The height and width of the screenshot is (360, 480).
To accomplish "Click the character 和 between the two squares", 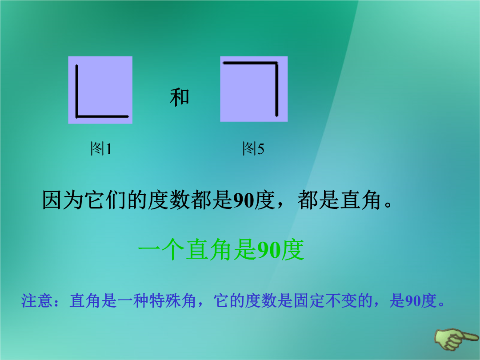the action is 180,97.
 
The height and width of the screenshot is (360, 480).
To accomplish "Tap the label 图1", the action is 101,149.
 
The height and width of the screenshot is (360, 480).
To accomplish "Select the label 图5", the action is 253,149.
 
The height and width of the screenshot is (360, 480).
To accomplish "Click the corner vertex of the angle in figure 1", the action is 76,116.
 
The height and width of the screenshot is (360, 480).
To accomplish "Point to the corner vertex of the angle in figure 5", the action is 276,63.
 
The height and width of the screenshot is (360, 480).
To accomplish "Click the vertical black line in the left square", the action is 76,91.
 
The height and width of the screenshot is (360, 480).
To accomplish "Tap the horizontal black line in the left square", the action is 102,116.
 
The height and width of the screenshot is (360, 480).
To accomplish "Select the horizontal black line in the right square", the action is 250,63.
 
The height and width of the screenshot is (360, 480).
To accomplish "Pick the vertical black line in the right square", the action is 276,89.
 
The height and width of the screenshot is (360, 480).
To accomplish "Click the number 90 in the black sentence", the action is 244,200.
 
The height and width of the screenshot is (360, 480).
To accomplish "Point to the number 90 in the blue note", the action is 413,301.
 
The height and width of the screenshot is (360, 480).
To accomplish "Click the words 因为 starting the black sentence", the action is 63,200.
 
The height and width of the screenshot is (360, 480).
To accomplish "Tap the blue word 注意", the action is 37,300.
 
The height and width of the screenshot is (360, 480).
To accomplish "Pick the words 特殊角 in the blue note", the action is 172,300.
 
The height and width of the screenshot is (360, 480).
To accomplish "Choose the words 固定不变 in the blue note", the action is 325,300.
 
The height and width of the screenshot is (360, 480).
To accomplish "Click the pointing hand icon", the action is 456,339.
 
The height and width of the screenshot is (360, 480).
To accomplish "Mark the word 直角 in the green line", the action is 209,250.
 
